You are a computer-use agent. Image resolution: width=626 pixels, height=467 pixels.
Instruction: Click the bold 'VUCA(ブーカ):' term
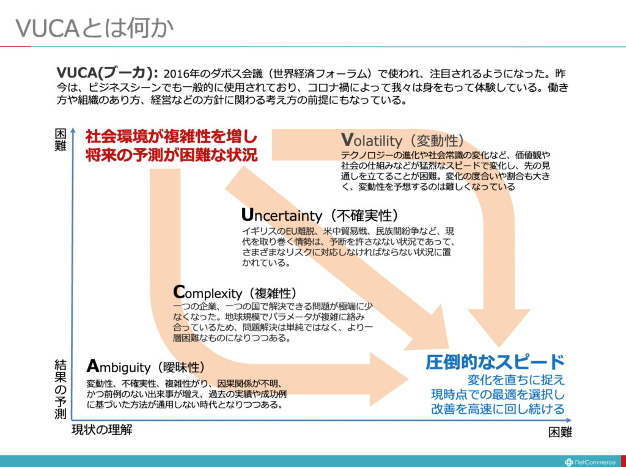click(x=107, y=73)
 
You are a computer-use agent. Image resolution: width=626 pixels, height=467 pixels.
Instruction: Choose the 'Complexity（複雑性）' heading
click(x=235, y=292)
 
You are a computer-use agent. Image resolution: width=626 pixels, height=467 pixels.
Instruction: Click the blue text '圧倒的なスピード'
click(x=495, y=361)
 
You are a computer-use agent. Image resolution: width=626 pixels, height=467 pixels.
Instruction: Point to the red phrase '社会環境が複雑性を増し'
click(x=171, y=136)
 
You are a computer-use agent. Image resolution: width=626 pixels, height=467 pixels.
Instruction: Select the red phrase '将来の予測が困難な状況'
click(x=171, y=155)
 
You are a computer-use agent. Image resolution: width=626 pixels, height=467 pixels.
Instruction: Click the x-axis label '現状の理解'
click(x=101, y=429)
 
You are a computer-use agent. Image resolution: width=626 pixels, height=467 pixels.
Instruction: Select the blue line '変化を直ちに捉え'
click(x=516, y=380)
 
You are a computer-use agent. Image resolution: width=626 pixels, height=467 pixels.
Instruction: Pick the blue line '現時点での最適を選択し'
click(x=498, y=394)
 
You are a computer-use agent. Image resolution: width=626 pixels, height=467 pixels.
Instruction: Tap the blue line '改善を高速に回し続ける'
click(x=498, y=409)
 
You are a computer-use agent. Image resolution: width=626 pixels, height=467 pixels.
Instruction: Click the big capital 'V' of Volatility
click(x=347, y=139)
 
